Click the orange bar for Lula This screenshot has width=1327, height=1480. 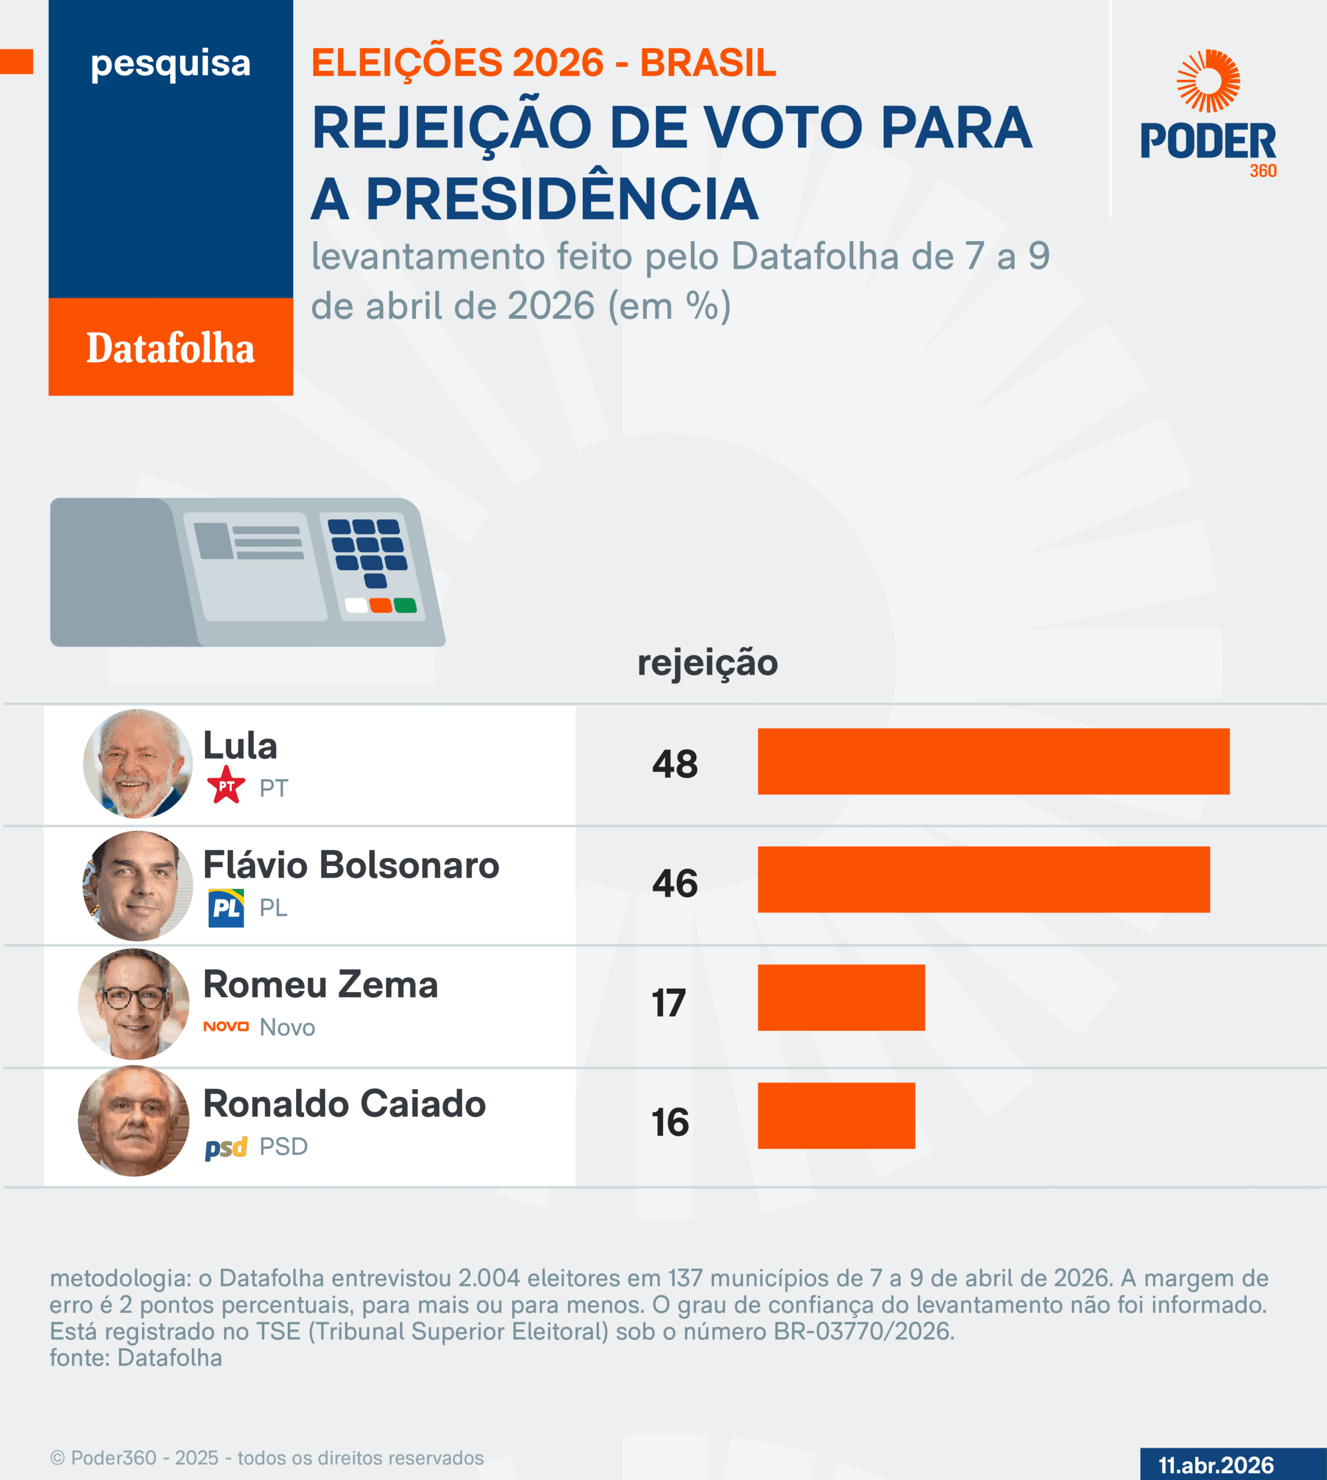[993, 761]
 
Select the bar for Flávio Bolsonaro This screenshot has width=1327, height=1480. [984, 879]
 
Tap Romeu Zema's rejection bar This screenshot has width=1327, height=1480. [841, 997]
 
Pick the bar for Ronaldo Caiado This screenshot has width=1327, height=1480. [836, 1115]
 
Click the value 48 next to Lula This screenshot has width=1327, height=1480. [674, 764]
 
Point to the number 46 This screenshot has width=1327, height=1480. [674, 883]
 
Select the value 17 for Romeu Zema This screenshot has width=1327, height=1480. [668, 1002]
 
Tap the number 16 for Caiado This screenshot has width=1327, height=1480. [670, 1122]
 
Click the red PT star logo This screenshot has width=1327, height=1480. [226, 785]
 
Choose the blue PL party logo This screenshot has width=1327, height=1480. [226, 908]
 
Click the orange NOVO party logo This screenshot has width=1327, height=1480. [226, 1027]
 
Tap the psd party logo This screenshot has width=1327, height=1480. [226, 1148]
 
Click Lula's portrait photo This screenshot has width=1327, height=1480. [137, 763]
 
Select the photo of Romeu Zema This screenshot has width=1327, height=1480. [134, 1003]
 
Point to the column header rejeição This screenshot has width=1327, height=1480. [707, 662]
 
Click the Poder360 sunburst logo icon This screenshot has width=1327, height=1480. [1208, 81]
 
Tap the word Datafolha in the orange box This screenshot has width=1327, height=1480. [171, 348]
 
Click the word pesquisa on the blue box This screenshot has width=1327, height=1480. [171, 64]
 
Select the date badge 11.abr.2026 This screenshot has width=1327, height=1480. [1215, 1465]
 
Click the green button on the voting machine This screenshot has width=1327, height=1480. [405, 605]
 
